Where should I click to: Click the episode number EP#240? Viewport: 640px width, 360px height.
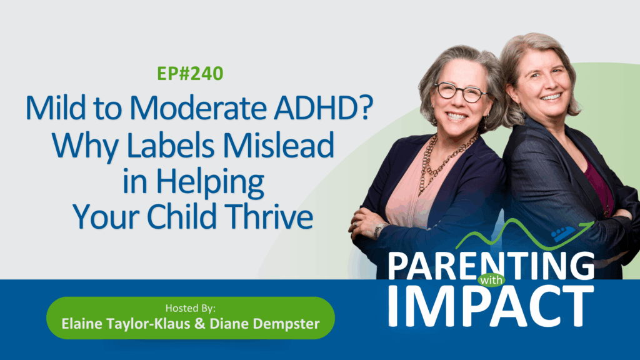(x=190, y=74)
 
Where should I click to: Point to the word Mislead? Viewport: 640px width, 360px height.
(x=278, y=145)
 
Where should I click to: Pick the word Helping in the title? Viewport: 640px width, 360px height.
(x=210, y=182)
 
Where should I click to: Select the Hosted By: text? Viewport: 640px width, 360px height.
(x=191, y=308)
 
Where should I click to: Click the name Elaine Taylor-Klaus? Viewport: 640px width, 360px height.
(x=126, y=324)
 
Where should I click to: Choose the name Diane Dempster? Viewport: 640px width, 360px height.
(x=264, y=324)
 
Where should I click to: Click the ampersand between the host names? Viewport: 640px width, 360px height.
(x=200, y=324)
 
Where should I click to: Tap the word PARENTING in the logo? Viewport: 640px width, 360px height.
(x=491, y=266)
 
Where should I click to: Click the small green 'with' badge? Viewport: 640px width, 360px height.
(x=491, y=281)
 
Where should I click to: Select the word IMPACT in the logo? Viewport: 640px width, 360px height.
(x=491, y=306)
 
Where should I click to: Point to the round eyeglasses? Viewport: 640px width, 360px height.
(x=460, y=92)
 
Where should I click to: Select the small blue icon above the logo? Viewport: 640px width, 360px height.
(x=563, y=233)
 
